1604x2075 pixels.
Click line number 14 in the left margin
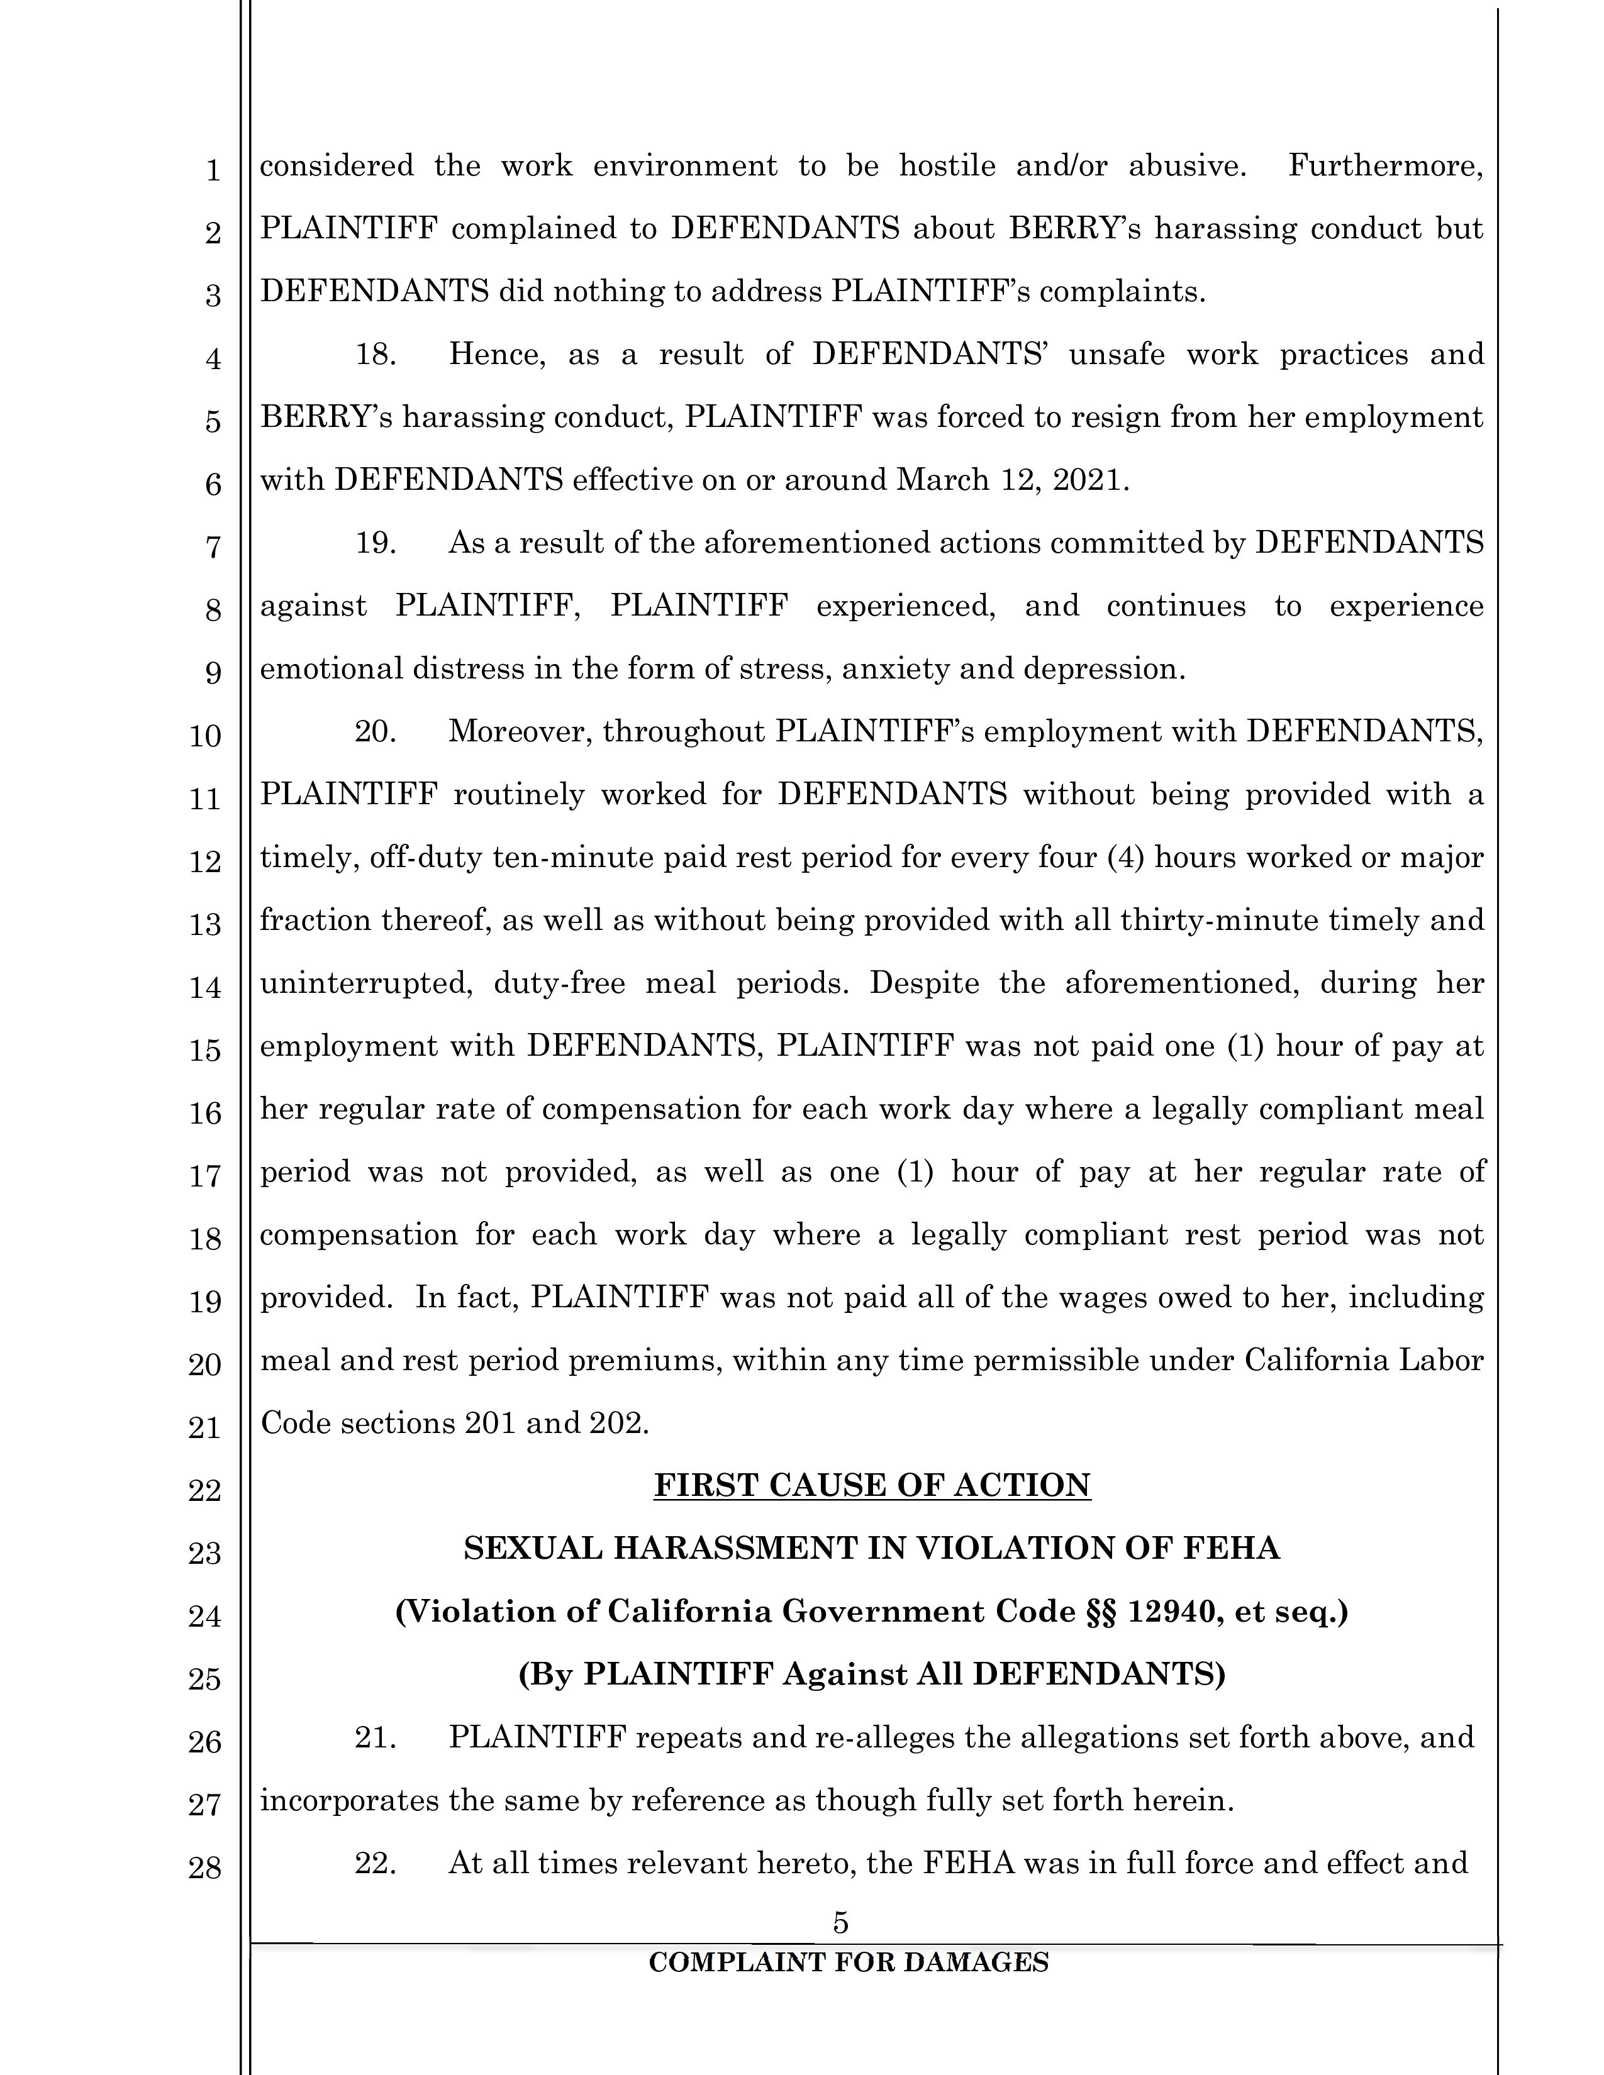click(205, 987)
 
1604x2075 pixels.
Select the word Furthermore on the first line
click(1384, 165)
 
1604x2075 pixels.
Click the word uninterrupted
click(367, 983)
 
